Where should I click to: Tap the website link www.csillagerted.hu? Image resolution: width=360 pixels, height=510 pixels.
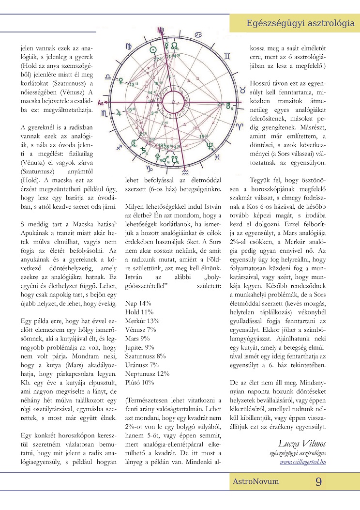(302, 462)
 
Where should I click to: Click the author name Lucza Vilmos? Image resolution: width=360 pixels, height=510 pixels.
(302, 443)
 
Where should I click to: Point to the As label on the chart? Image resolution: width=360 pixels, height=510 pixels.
(100, 103)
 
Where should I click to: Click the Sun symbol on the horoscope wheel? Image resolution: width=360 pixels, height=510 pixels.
(152, 50)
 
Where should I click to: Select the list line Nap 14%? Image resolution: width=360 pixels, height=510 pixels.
(139, 303)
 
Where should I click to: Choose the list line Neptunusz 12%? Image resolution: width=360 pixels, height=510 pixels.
(147, 373)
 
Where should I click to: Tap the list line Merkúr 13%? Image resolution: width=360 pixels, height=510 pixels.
(142, 321)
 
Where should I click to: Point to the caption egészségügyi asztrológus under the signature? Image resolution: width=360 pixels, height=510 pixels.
(298, 453)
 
